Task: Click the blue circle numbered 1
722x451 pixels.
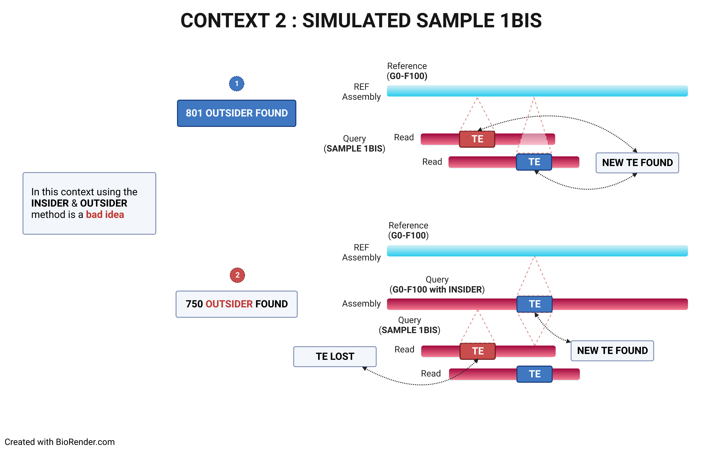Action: [237, 84]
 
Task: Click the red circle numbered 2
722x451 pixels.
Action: [237, 275]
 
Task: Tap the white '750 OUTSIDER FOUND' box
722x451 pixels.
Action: [237, 304]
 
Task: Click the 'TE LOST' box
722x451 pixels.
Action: [335, 356]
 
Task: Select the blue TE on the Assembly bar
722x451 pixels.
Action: [534, 304]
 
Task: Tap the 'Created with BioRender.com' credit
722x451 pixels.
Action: [60, 442]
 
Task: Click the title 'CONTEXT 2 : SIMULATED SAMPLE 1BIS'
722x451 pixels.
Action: [361, 21]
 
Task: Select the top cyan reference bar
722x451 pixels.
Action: [537, 91]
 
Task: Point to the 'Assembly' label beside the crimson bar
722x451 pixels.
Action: [361, 304]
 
